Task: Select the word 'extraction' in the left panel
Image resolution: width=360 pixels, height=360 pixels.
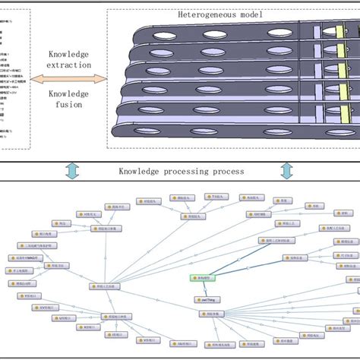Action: [x=68, y=66]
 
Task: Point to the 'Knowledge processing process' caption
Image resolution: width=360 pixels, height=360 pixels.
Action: [x=181, y=171]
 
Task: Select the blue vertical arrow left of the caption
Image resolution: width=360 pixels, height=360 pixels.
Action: [x=72, y=171]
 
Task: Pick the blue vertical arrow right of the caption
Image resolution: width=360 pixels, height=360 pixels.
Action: [x=287, y=171]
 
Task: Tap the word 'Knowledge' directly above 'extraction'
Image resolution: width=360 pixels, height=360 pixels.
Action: [x=68, y=55]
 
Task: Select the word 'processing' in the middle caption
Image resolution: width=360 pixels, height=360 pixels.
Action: [x=184, y=171]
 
